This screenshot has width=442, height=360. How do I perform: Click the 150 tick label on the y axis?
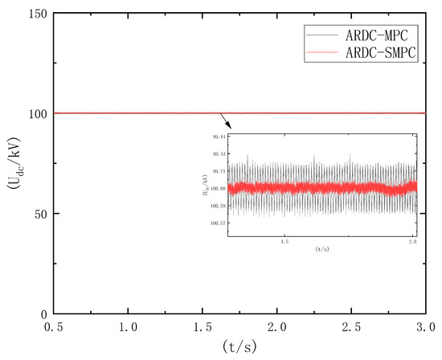tap(36, 14)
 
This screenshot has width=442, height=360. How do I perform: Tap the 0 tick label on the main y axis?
tap(43, 313)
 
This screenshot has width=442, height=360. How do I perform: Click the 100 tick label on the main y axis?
tap(36, 113)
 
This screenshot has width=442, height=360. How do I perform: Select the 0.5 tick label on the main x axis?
tap(53, 329)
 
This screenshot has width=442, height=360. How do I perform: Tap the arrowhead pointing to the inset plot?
tap(230, 126)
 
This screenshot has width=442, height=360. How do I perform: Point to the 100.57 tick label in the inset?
tap(217, 223)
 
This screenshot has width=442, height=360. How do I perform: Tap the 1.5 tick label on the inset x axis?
tap(283, 240)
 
